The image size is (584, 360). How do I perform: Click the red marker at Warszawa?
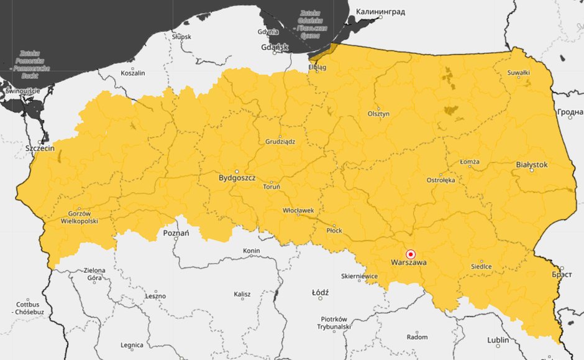[x=410, y=254]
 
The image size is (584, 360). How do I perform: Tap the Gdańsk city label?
[x=276, y=47]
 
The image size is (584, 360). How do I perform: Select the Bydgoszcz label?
[x=237, y=178]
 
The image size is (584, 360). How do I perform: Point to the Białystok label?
[x=532, y=164]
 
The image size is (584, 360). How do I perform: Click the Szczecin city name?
[x=40, y=149]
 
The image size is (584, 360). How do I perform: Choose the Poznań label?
[x=175, y=233]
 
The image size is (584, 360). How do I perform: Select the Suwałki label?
[x=519, y=73]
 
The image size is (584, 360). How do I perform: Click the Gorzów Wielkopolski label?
[x=78, y=217]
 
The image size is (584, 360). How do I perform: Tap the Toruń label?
[x=271, y=187]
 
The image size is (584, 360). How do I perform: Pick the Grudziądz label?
[x=280, y=141]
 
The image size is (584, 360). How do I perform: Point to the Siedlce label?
[x=481, y=267]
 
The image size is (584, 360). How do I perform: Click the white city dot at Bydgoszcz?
[x=237, y=171]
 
